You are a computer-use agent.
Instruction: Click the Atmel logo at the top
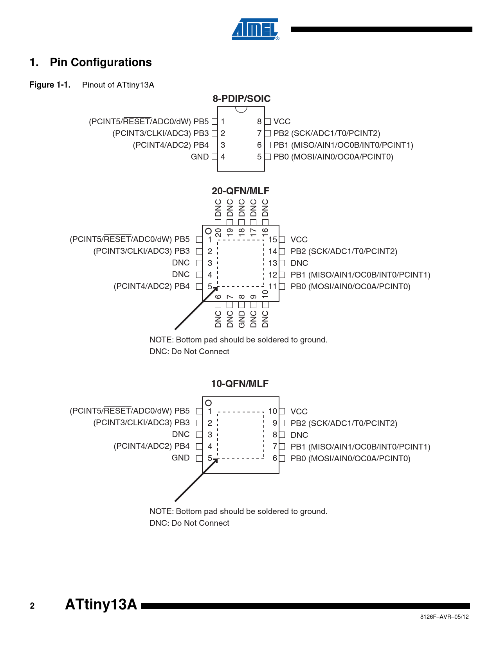(x=255, y=29)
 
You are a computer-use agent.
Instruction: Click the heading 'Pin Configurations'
(x=101, y=63)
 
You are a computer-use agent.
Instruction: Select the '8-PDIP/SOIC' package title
(x=241, y=99)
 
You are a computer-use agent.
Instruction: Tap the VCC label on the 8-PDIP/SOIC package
(x=282, y=122)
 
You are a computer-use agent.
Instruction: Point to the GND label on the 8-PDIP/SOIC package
(x=200, y=157)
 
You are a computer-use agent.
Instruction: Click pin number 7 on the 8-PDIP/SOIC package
(x=259, y=133)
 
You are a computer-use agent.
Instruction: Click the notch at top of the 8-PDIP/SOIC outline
(x=241, y=109)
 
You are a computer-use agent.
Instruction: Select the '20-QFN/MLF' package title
(x=240, y=191)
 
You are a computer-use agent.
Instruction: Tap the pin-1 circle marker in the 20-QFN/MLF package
(x=208, y=231)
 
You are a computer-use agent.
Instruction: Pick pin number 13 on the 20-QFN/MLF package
(x=273, y=263)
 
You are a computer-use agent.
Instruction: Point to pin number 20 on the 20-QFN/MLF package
(x=218, y=233)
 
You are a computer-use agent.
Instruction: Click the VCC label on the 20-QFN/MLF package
(x=299, y=240)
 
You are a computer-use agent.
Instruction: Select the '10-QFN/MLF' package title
(x=240, y=383)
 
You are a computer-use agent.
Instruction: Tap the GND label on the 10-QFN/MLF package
(x=180, y=458)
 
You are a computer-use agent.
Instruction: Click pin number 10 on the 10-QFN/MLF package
(x=272, y=411)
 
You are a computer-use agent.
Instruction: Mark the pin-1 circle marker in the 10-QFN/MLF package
(x=208, y=403)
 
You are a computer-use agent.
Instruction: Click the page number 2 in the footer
(x=32, y=606)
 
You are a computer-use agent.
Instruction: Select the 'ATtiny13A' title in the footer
(x=101, y=604)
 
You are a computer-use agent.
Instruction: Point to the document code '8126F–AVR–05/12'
(x=444, y=617)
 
